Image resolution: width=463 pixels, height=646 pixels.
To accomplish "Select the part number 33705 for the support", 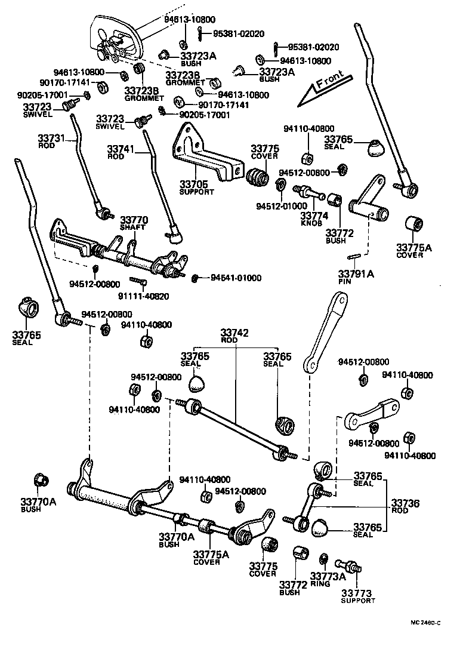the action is [x=193, y=184].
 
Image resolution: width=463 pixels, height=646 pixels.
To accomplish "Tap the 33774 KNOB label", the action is [x=314, y=219].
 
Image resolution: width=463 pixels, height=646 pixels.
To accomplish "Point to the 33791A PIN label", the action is [x=356, y=277].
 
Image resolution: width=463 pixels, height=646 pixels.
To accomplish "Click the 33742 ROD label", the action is [x=234, y=336].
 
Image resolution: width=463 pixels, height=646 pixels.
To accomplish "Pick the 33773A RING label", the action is [x=328, y=579].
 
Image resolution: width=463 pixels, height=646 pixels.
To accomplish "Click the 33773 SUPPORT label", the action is [x=357, y=596].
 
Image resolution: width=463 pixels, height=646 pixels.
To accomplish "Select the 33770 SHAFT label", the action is [x=134, y=223].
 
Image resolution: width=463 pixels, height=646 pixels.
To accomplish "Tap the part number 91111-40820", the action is [x=143, y=296].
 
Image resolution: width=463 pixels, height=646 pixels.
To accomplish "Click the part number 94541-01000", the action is [x=236, y=278].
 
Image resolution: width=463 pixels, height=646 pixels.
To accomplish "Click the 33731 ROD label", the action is [x=51, y=141].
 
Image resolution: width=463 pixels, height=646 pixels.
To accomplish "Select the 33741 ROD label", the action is [x=121, y=152].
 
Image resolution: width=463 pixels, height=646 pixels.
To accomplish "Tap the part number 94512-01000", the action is [x=282, y=206].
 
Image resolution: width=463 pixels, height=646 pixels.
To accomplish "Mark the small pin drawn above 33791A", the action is [x=354, y=257].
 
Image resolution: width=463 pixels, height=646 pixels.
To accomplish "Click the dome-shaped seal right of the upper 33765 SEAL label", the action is [x=374, y=149].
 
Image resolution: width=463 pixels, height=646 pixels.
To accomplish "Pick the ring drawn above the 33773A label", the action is [x=323, y=559].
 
